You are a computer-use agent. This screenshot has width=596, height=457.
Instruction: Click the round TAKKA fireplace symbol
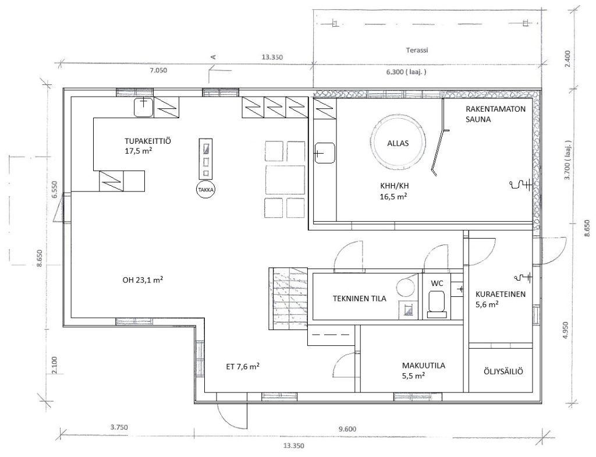point(205,189)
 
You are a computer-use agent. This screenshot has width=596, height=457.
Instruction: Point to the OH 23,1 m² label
point(143,280)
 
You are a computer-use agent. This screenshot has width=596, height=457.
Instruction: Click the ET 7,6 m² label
point(243,367)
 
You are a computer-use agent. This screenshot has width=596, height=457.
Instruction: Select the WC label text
point(437,284)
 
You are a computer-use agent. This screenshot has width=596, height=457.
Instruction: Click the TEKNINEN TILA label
point(359,299)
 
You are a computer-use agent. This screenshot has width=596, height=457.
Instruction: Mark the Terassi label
point(417,50)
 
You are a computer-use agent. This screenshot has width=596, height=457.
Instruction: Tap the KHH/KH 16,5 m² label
point(394,191)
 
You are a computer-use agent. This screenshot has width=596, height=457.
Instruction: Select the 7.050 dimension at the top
point(158,70)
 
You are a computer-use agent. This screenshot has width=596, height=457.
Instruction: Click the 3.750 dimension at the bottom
point(119,427)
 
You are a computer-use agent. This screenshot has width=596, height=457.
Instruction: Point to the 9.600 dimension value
point(347,429)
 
